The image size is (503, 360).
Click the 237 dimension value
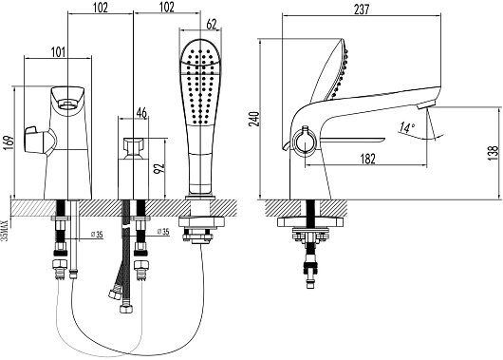362,9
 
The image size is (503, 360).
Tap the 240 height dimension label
254,119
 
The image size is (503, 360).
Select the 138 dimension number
494,153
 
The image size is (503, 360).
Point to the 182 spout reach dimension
367,159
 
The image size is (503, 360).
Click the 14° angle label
407,127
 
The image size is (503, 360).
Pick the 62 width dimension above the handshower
211,24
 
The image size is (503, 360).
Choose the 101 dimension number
58,51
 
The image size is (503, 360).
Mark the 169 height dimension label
9,142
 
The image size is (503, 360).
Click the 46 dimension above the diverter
141,113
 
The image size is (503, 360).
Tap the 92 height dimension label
159,168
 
